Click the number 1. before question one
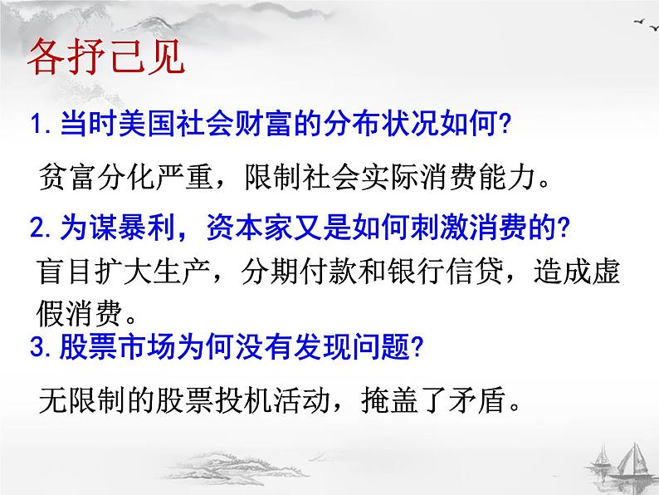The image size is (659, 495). pyautogui.click(x=40, y=127)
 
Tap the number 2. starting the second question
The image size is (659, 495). pyautogui.click(x=40, y=228)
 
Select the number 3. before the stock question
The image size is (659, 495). pyautogui.click(x=40, y=348)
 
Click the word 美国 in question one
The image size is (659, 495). pyautogui.click(x=135, y=127)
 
